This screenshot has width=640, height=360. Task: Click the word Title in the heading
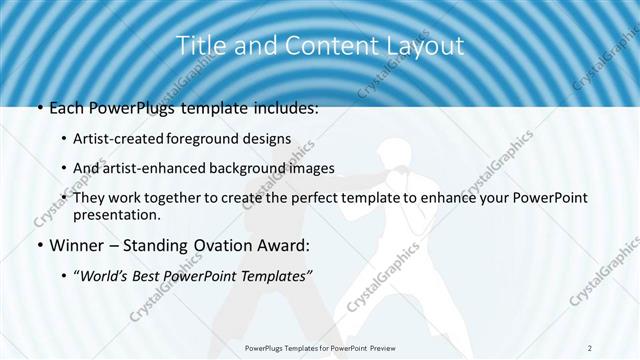coord(199,46)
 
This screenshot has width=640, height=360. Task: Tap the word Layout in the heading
coord(428,46)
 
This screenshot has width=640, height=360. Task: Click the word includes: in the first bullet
coord(283,108)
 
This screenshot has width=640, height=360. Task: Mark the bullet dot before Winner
coord(38,245)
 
